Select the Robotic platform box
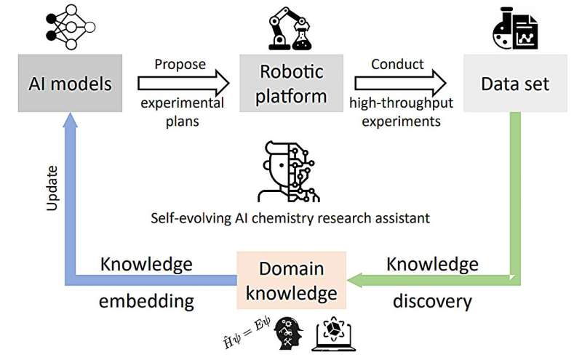click(x=291, y=84)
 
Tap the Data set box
click(x=515, y=84)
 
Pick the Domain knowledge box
click(x=291, y=281)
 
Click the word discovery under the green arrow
click(x=433, y=300)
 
